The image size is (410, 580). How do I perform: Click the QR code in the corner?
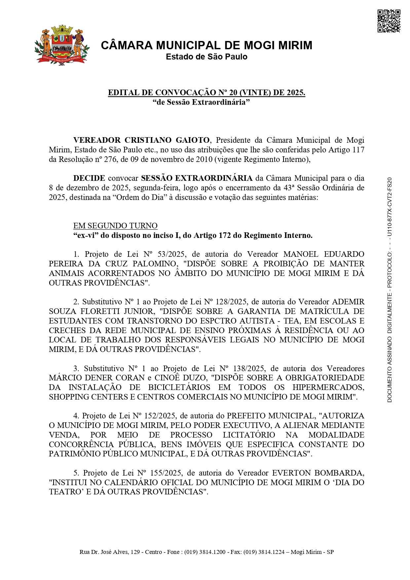click(389, 21)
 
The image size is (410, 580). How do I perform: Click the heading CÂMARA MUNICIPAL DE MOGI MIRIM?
click(206, 45)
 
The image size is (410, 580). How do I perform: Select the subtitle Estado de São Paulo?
click(206, 57)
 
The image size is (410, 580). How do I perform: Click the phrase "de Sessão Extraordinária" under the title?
click(201, 102)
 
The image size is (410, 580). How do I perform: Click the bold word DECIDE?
click(89, 178)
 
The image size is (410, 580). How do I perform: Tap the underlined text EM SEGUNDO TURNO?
click(115, 226)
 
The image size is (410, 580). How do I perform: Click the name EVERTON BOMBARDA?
click(318, 473)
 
